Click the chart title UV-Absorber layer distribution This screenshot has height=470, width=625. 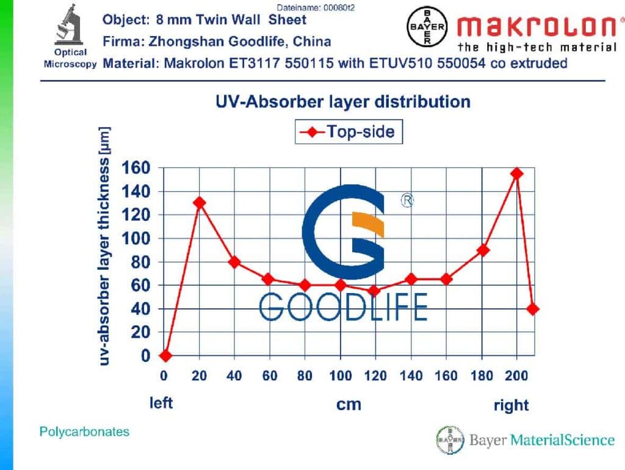[343, 101]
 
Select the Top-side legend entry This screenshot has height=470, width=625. [349, 131]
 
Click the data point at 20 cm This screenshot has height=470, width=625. [199, 203]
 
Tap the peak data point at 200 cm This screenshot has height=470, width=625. [517, 173]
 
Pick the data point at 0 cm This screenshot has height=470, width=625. [164, 355]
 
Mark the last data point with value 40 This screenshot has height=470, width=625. [533, 309]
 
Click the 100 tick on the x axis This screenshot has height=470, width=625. [341, 375]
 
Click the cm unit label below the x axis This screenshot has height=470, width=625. [349, 404]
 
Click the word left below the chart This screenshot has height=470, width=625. [162, 403]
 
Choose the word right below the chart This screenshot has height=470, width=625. [511, 405]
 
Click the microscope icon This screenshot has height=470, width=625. [68, 25]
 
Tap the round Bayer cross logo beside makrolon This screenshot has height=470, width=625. [427, 27]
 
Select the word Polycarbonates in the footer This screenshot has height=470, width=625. [84, 432]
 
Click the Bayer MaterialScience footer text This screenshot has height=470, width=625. [542, 439]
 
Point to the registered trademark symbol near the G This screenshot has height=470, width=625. [406, 201]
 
